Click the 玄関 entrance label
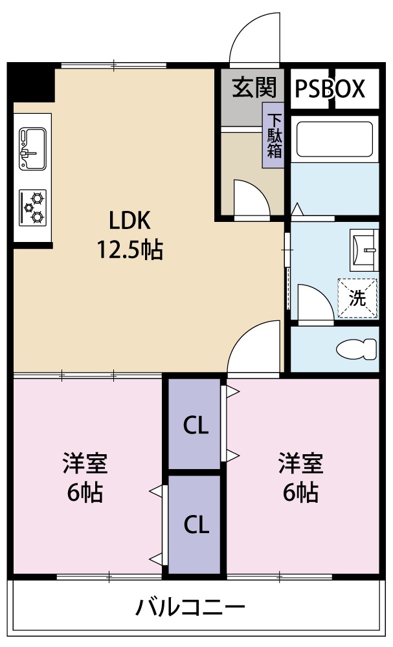254,87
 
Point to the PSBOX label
331,89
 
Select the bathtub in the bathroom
334,140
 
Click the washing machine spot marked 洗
357,298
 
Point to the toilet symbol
357,349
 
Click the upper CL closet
195,424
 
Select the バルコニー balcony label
191,608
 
